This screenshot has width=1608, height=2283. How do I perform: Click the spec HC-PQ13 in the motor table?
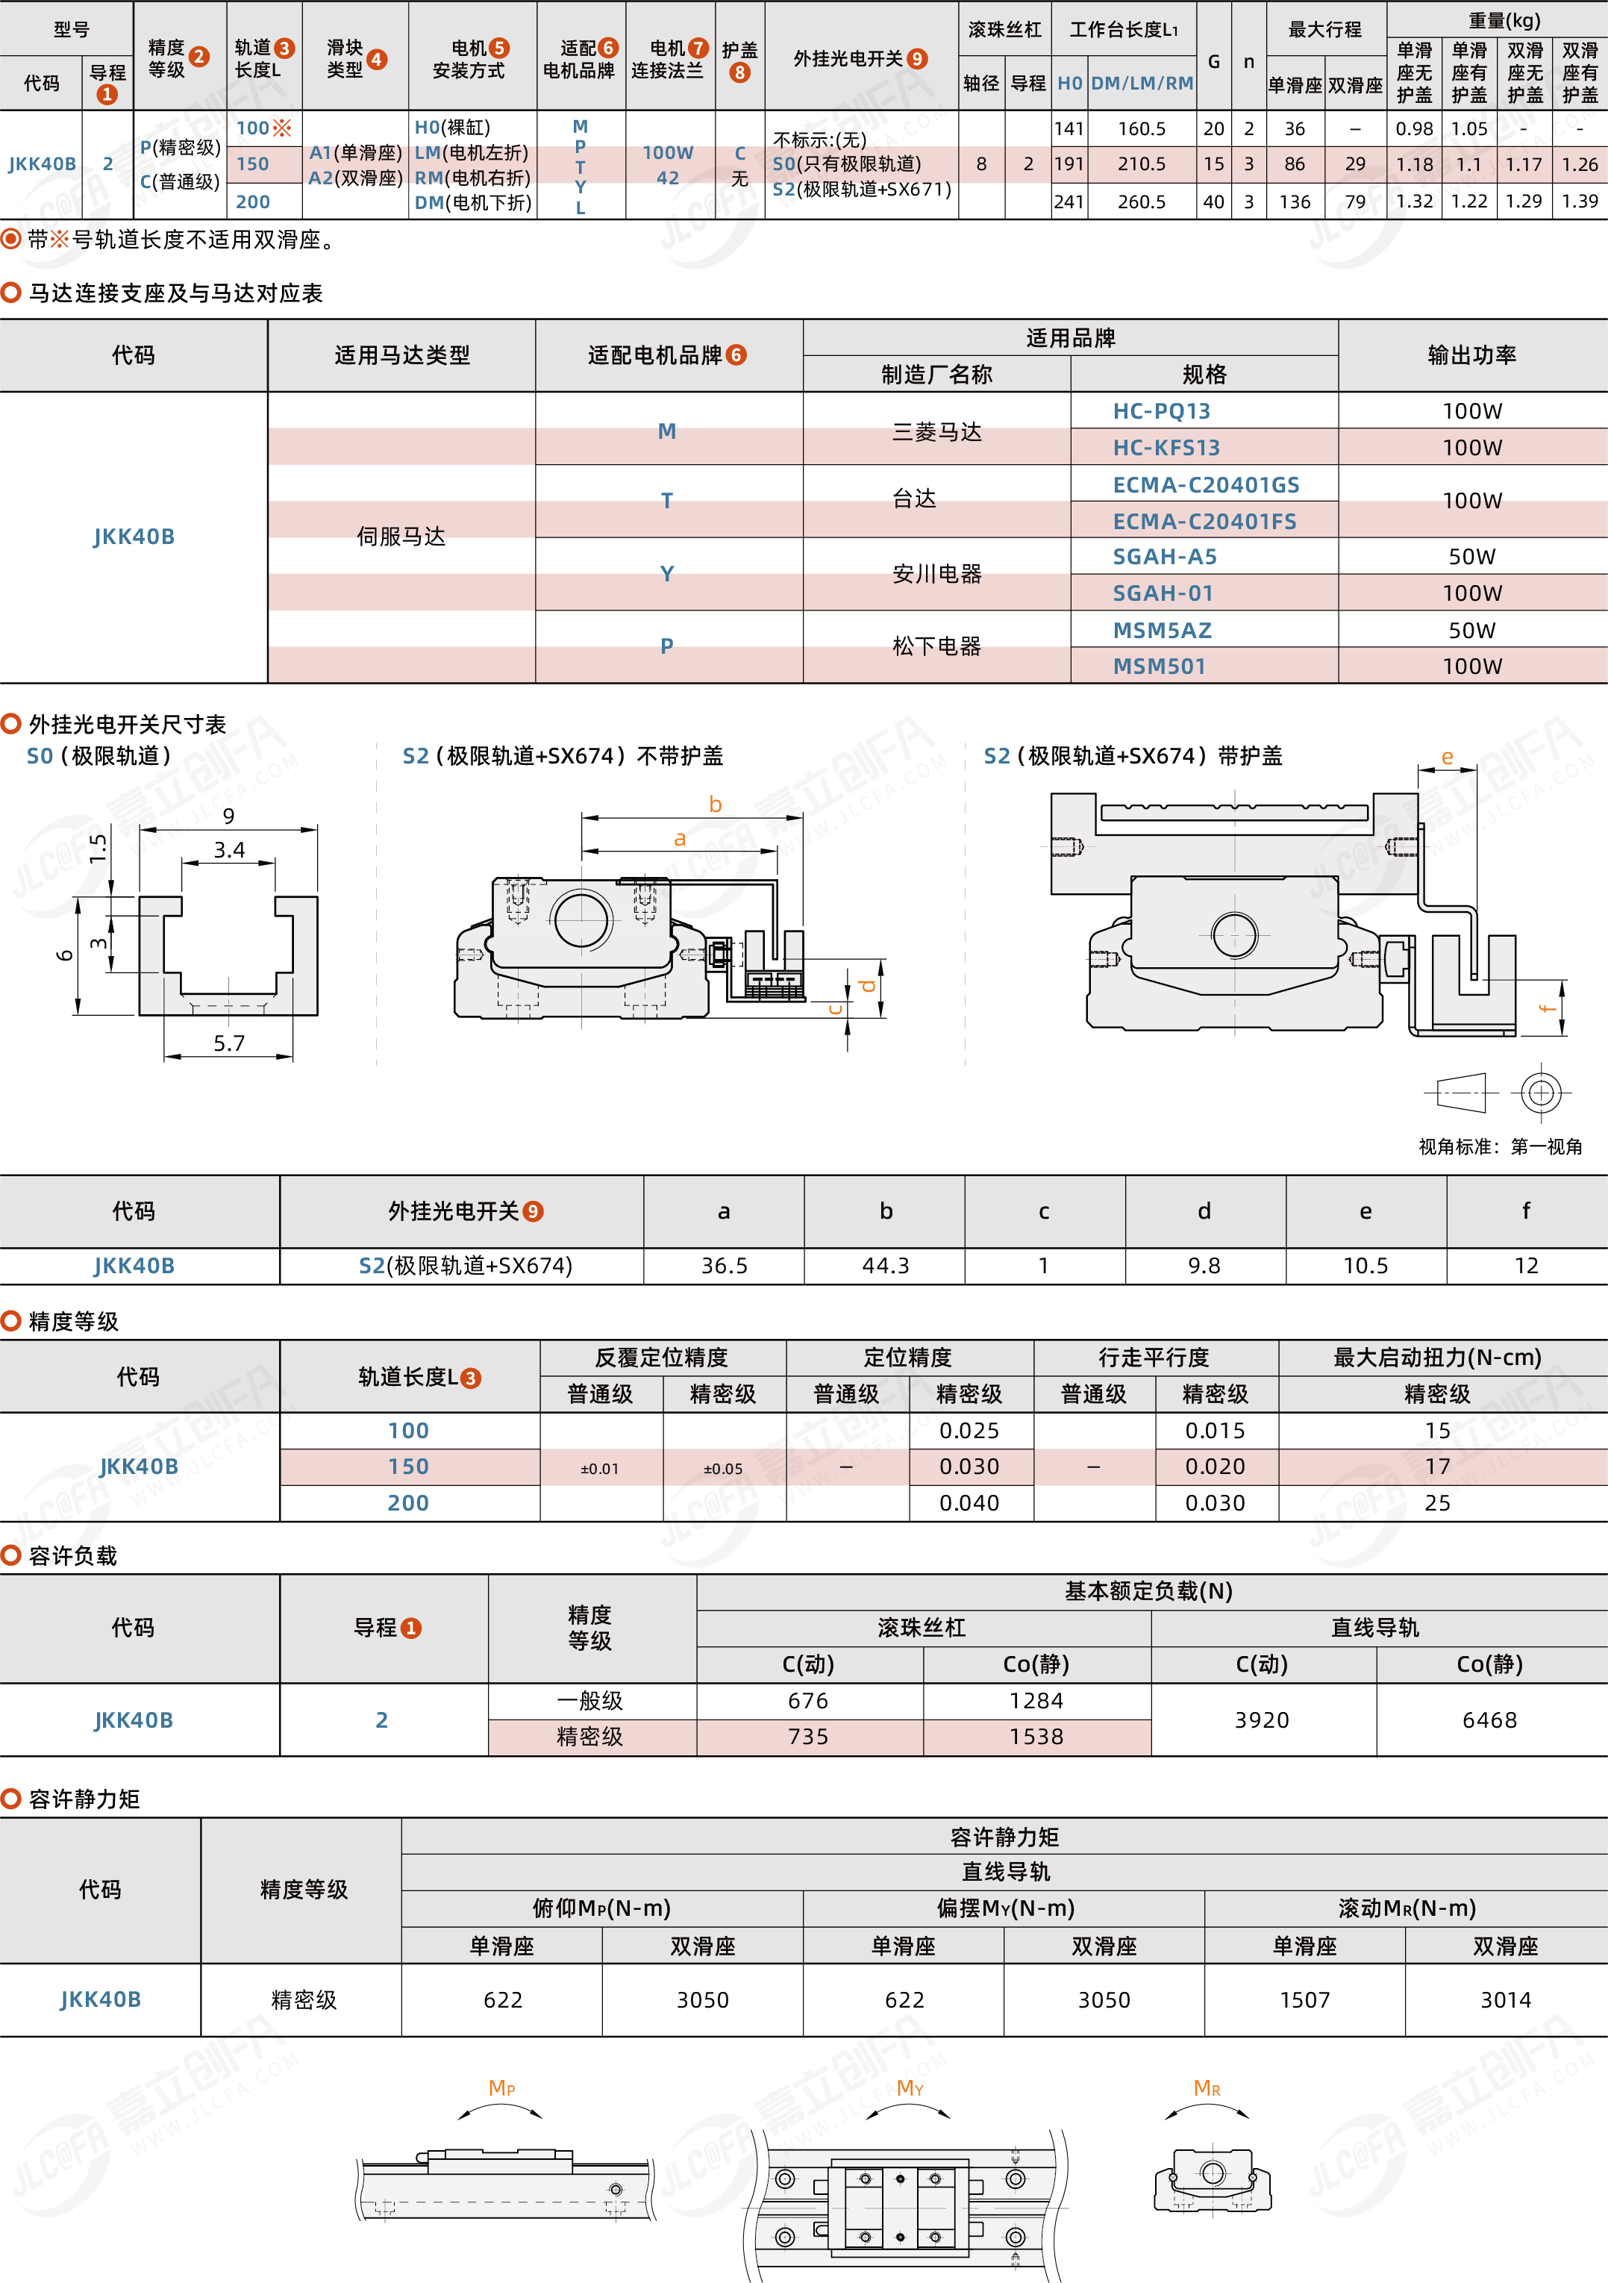[x=1160, y=410]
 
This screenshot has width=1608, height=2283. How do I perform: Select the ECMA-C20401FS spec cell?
[x=1204, y=521]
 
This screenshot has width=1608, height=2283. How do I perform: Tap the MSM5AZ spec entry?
[x=1162, y=631]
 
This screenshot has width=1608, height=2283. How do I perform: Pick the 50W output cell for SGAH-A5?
[x=1471, y=557]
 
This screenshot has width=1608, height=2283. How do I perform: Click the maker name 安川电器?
[x=936, y=574]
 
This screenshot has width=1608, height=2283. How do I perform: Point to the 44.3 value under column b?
[x=885, y=1265]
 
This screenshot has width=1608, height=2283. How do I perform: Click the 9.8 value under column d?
[x=1204, y=1265]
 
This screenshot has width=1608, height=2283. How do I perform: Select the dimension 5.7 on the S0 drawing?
[x=229, y=1043]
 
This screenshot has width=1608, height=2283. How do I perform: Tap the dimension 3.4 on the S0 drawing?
[x=229, y=849]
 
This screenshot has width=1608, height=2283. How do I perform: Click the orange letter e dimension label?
[x=1447, y=757]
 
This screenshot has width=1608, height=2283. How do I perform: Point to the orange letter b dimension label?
[x=715, y=805]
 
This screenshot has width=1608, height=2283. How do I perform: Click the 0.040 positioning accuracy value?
[x=969, y=1502]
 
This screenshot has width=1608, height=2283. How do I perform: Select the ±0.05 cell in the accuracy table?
[x=723, y=1469]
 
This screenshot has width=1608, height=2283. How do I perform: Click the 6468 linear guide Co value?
[x=1489, y=1720]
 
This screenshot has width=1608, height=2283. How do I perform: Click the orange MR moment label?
[x=1207, y=2088]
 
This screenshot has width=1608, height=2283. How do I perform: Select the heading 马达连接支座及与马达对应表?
[x=175, y=293]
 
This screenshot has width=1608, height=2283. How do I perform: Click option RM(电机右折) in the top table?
[x=472, y=178]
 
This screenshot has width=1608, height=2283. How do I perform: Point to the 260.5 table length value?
[x=1141, y=202]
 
